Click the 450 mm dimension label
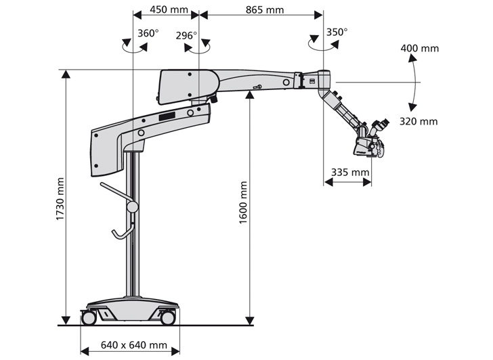coord(169,9)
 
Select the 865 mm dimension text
coord(265,9)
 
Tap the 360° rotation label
coord(148,32)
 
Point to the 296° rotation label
coord(186,35)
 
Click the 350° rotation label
coord(337,32)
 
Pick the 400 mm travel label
coord(420,48)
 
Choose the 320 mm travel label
coord(419,121)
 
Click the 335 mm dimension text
coord(350,172)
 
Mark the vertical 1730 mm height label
coord(60,199)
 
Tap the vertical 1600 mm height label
coord(243,202)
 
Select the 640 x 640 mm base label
coord(134,345)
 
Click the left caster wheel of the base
coord(89,317)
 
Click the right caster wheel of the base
coord(167,317)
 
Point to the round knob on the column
coord(132,206)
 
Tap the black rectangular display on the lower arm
coord(167,116)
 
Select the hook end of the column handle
coord(117,235)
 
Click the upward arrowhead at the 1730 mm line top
coord(66,74)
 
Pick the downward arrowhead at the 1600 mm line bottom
coord(250,321)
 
